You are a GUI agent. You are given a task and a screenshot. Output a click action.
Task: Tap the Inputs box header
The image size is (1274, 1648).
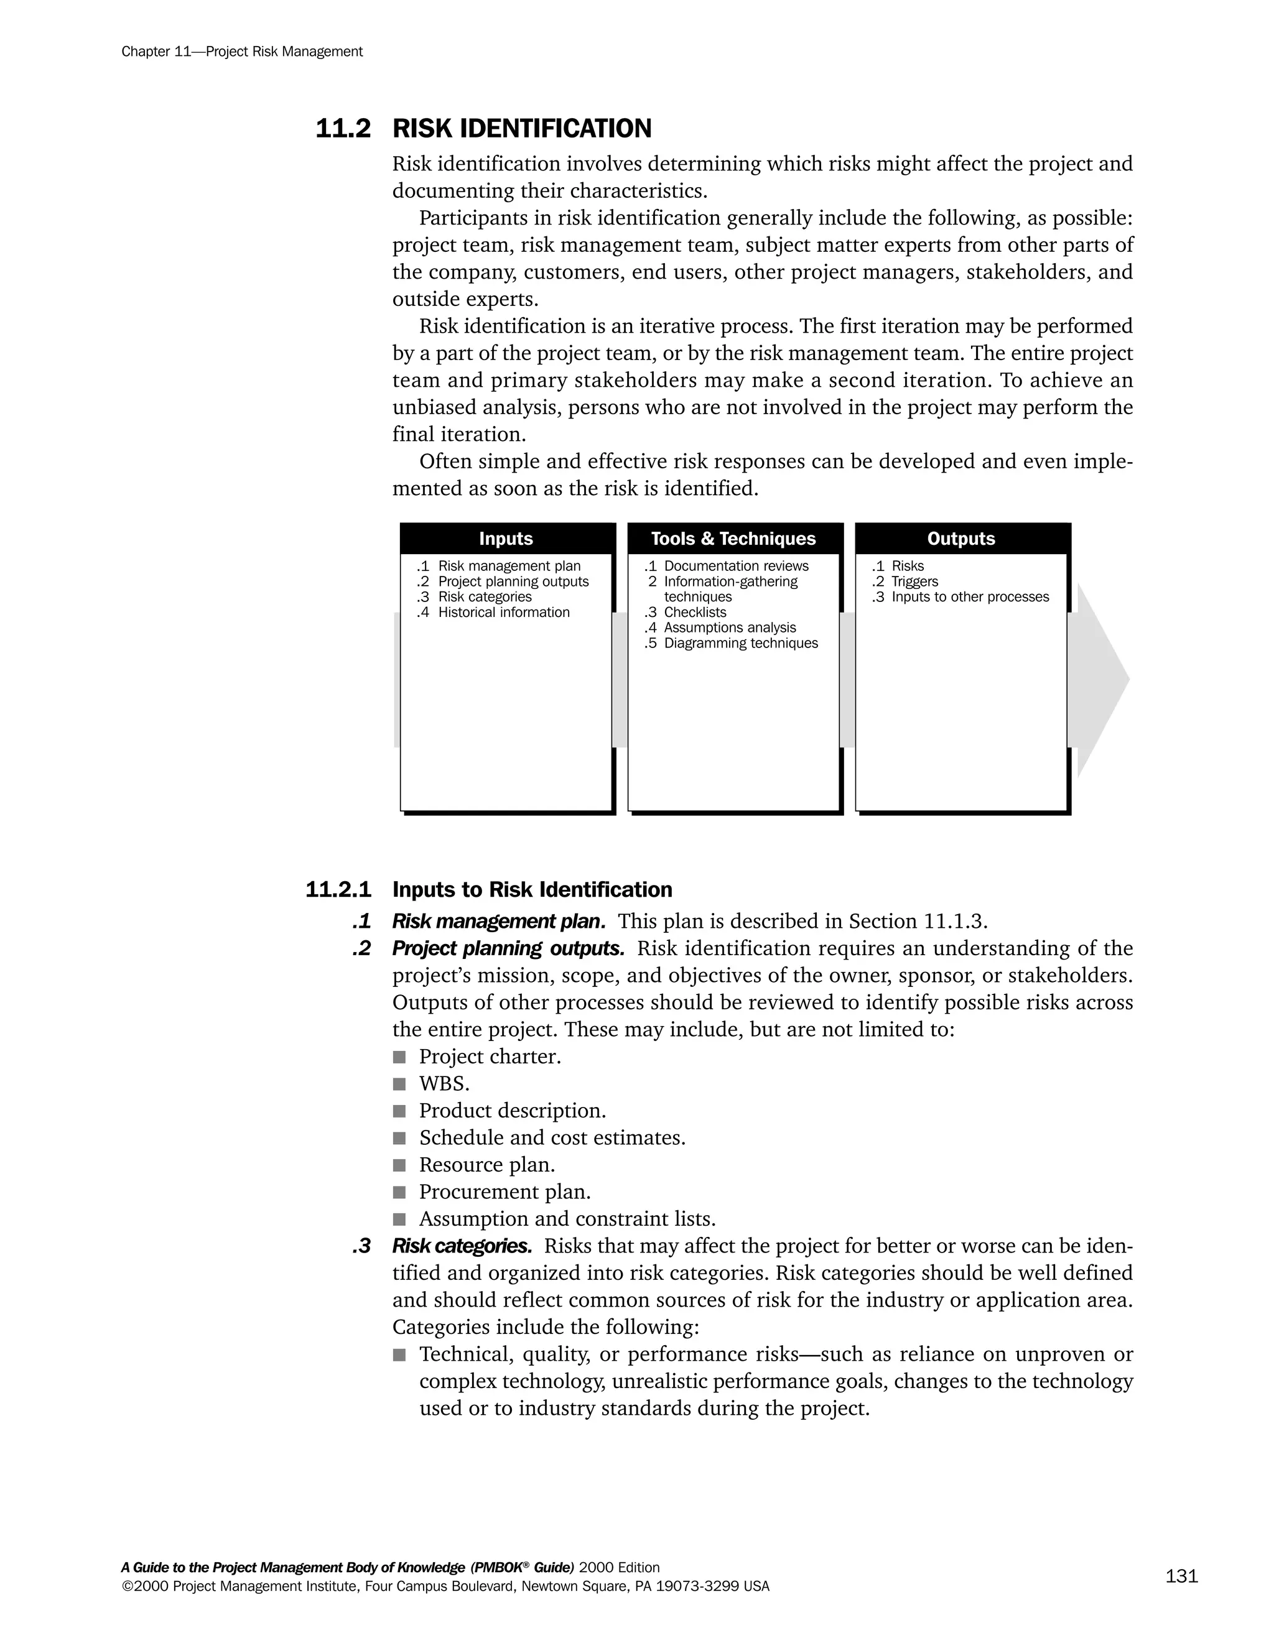tap(506, 539)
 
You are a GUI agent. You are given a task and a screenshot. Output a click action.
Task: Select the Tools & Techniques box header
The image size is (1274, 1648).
tap(733, 539)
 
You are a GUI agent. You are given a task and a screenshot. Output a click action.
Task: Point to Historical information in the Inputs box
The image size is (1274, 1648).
tap(503, 613)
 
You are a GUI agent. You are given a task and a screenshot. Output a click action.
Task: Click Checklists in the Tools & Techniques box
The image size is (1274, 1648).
tap(694, 613)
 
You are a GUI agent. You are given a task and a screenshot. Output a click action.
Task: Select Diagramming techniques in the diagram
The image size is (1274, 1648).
tap(740, 644)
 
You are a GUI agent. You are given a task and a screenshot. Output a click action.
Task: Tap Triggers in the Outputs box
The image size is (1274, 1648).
tap(914, 582)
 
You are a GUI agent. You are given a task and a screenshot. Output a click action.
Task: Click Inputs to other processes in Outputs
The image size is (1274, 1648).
tap(970, 597)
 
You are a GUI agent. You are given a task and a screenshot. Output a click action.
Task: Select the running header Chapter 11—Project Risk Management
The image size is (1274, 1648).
tap(242, 52)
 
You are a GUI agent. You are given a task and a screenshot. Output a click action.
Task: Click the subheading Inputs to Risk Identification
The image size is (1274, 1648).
tap(532, 890)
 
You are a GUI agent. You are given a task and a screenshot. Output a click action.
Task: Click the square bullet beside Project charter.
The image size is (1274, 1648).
tap(399, 1057)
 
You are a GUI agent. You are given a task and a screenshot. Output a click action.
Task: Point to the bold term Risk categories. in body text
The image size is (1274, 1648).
tap(462, 1246)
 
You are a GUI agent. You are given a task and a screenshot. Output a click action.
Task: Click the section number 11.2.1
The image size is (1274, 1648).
tap(338, 890)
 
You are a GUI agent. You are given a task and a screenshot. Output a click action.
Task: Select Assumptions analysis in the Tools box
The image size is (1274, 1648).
tap(729, 628)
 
